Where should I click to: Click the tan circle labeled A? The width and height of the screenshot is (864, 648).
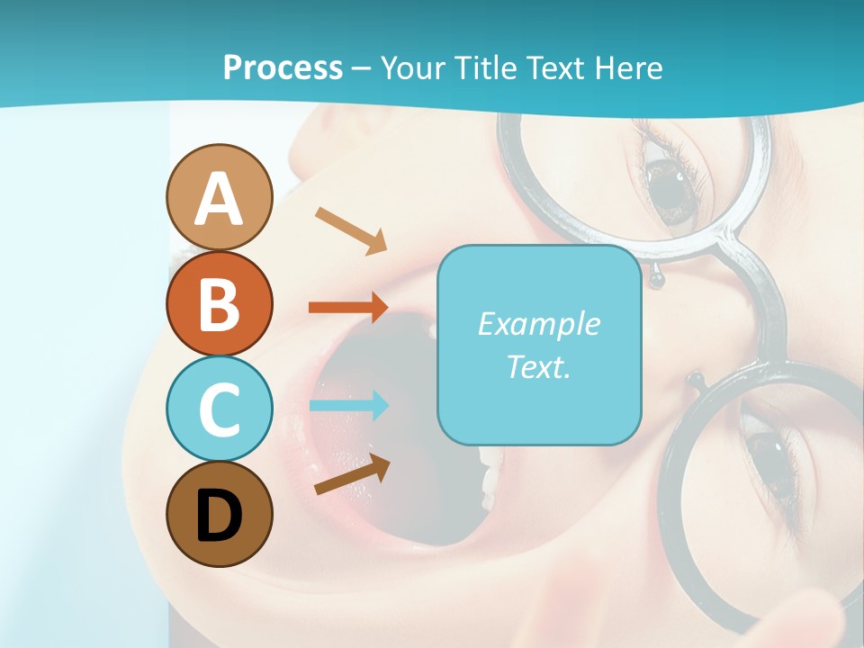click(219, 197)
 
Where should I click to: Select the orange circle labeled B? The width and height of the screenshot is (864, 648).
click(219, 303)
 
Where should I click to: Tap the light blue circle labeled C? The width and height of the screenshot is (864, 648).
click(219, 409)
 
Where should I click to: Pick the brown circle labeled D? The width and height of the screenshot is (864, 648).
click(219, 514)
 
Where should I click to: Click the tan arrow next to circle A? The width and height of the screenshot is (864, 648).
click(351, 230)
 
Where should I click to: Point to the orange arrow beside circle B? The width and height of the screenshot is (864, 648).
click(348, 308)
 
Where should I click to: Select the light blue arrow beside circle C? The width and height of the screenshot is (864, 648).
click(348, 405)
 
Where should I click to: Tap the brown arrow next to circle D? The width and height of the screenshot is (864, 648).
click(352, 474)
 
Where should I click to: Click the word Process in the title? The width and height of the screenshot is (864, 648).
click(283, 67)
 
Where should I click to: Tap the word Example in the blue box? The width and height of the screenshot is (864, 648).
click(538, 324)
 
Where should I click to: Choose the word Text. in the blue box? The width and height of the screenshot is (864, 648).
click(538, 366)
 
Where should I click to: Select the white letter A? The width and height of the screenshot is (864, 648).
click(219, 199)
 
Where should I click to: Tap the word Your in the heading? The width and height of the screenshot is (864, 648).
click(409, 67)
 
